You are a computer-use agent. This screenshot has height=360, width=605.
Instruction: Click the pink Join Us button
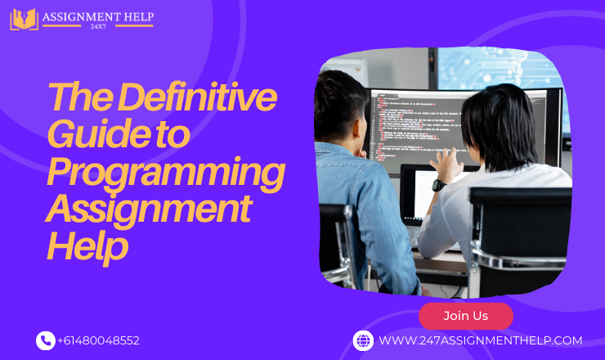tap(465, 316)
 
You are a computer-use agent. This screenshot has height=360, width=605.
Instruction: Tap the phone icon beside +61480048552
tap(45, 340)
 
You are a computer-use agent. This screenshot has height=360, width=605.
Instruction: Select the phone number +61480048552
tap(99, 340)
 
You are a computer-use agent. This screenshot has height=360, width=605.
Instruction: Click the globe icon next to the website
tap(363, 340)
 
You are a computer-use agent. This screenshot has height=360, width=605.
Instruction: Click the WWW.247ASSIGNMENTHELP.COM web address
tap(480, 340)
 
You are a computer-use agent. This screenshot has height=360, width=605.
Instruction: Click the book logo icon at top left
tap(24, 19)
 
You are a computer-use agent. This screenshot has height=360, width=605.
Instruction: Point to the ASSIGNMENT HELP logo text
tap(97, 15)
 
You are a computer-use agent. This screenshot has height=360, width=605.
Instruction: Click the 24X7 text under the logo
tap(97, 27)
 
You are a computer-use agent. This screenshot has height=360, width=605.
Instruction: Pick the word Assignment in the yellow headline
tap(148, 210)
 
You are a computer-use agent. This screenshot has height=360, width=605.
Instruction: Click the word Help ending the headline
tap(87, 246)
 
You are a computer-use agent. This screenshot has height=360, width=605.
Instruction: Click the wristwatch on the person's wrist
tap(438, 185)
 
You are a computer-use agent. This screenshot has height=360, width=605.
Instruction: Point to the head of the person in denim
tap(342, 106)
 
